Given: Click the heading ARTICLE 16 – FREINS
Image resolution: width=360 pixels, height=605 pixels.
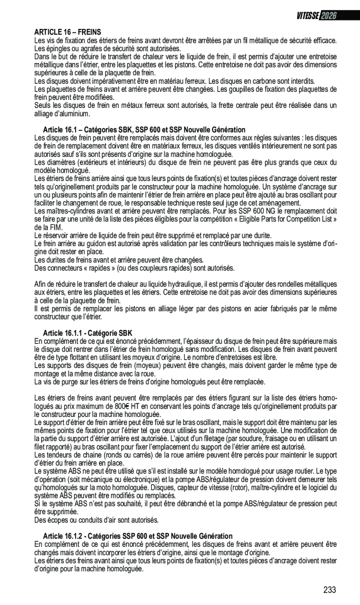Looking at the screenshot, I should tap(68, 32).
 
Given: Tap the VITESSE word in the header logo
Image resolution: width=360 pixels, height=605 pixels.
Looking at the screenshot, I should tap(307, 15).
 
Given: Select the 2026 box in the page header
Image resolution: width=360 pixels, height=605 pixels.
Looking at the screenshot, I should tap(328, 15).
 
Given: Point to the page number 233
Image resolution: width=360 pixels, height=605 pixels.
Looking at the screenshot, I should tap(329, 590).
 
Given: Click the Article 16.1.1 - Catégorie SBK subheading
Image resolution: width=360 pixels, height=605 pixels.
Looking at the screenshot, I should tap(88, 333).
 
